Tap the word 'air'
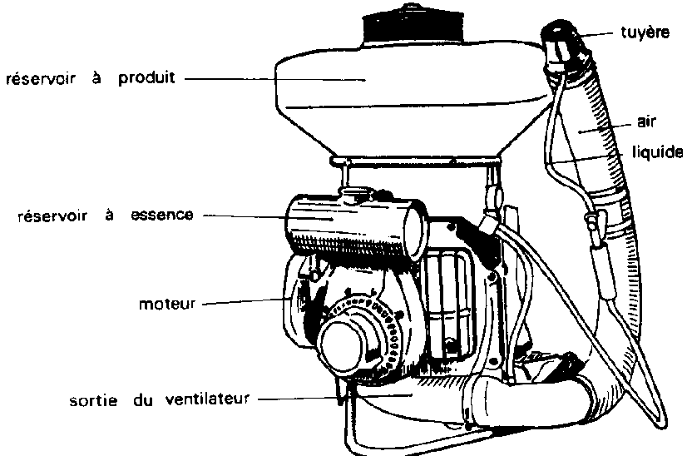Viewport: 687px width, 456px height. click(x=647, y=122)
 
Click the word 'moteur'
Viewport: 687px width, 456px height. click(x=167, y=304)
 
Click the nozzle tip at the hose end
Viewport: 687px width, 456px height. click(x=558, y=37)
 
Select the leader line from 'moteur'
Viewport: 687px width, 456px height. click(x=241, y=301)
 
